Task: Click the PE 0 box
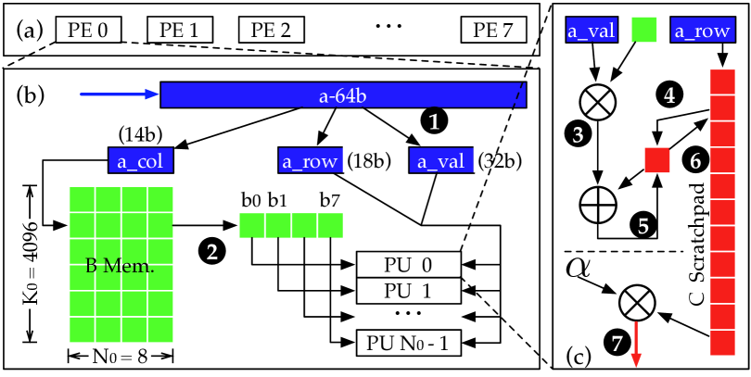[88, 30]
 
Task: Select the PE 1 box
[179, 30]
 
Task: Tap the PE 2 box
[272, 30]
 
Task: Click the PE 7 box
[493, 30]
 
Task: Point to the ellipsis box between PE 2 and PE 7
[388, 30]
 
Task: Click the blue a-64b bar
[343, 94]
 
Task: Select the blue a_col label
[141, 160]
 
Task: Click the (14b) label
[140, 133]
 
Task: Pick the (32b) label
[500, 160]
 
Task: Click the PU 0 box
[409, 265]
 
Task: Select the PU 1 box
[409, 291]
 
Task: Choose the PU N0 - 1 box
[409, 344]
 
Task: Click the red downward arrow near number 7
[636, 345]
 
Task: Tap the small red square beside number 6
[656, 160]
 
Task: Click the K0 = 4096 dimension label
[30, 264]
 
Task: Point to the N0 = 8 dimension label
[121, 356]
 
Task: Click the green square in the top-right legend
[644, 30]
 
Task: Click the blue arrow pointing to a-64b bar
[120, 94]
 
